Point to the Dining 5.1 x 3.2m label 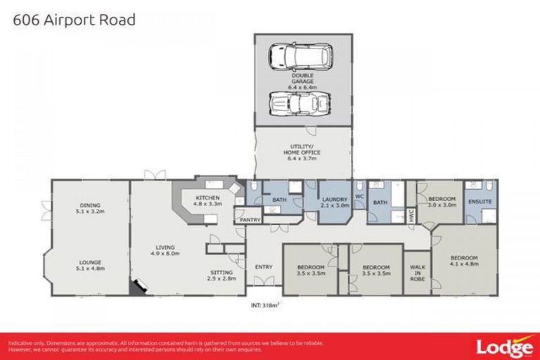pos(90,209)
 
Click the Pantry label pos(250,220)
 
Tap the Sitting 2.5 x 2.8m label pos(223,275)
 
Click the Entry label pos(264,266)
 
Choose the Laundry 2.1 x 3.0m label pos(335,202)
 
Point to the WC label pos(359,197)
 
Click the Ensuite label pos(484,202)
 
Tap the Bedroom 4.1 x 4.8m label pos(463,261)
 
